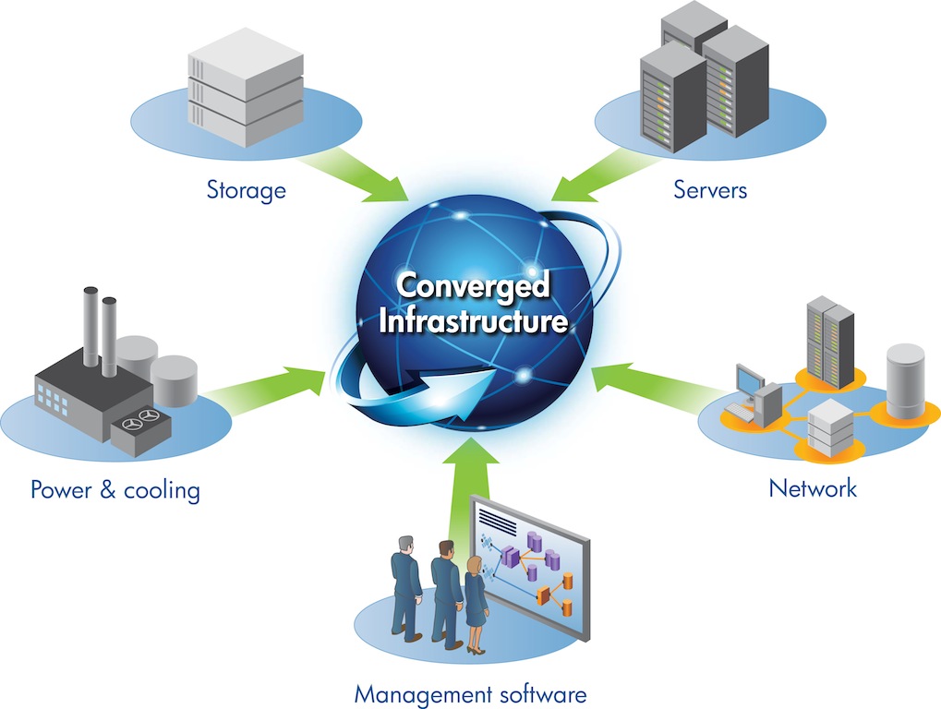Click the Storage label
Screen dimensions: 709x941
[246, 190]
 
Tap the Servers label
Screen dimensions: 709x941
[709, 190]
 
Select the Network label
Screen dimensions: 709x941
[813, 487]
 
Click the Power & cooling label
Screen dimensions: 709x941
[115, 488]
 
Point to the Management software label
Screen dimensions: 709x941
[471, 692]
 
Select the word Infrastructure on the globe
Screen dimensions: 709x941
[472, 322]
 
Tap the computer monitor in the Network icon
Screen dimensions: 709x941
[749, 380]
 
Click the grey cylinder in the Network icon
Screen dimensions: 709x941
[904, 379]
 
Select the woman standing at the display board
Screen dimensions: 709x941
[476, 605]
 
